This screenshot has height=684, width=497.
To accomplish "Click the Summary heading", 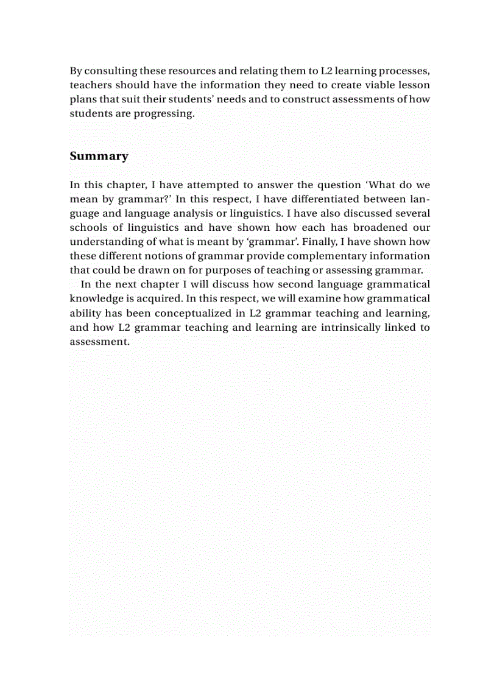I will pos(99,156).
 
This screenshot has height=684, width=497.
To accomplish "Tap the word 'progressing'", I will pos(162,114).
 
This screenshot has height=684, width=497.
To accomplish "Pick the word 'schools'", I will pos(89,227).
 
